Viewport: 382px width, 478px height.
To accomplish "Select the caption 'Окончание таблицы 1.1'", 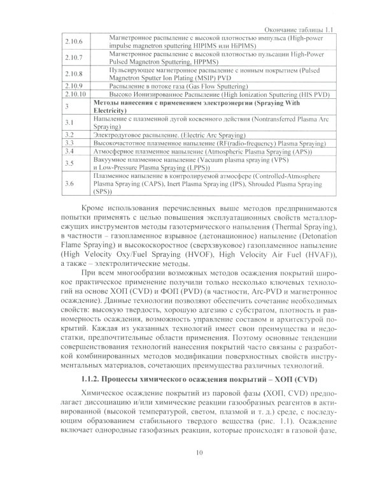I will (310, 29).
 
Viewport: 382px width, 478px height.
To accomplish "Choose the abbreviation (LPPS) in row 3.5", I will (181, 167).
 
